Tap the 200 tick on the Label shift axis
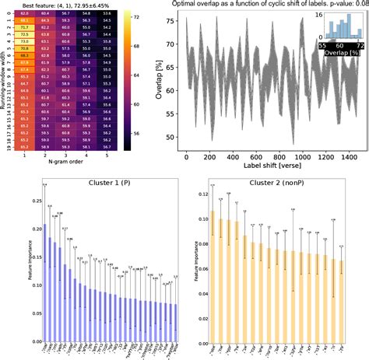(209, 158)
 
